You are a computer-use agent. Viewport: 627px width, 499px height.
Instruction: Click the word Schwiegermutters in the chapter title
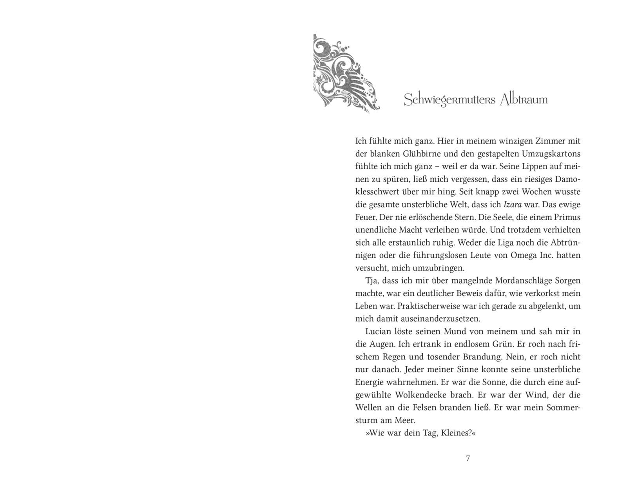click(x=449, y=100)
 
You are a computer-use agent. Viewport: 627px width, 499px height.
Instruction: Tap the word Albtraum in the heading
click(x=524, y=100)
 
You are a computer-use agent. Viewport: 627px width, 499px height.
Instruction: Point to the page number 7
click(x=468, y=459)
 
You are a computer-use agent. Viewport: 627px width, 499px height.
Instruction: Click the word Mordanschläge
click(x=523, y=281)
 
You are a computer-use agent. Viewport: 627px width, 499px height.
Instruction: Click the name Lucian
click(x=378, y=332)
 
